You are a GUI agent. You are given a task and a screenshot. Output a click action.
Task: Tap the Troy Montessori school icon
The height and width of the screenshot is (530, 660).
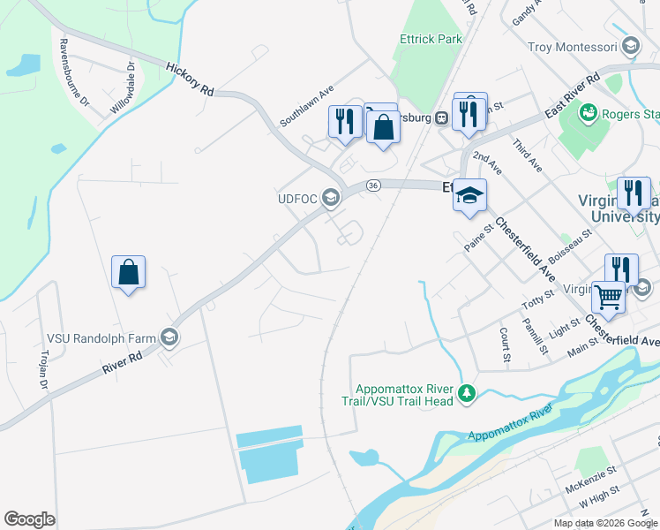[630, 46]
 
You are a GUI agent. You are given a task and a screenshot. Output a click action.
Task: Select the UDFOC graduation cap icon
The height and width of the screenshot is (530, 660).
[331, 197]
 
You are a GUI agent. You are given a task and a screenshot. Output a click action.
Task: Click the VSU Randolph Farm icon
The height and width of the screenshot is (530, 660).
[169, 337]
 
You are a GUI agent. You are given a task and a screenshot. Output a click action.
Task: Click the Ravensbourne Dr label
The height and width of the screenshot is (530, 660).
[74, 72]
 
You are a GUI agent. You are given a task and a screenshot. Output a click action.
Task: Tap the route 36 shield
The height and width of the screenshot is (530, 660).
[374, 185]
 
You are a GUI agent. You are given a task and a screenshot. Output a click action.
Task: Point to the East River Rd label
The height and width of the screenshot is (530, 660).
[572, 96]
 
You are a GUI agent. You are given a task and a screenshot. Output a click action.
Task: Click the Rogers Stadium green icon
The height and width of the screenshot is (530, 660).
[588, 113]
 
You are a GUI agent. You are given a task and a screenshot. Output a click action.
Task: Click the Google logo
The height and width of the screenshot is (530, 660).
[30, 519]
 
